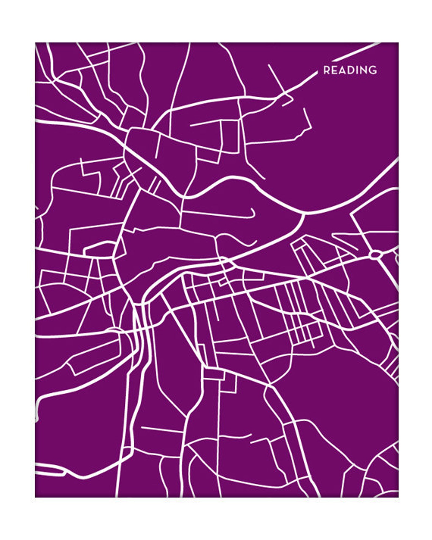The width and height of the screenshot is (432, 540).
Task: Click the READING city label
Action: [350, 70]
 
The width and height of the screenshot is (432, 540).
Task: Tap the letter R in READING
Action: [326, 70]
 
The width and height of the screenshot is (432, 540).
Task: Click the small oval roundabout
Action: [375, 255]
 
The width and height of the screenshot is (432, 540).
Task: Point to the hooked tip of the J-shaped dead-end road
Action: [252, 209]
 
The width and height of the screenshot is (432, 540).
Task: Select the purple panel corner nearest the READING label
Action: [398, 43]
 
